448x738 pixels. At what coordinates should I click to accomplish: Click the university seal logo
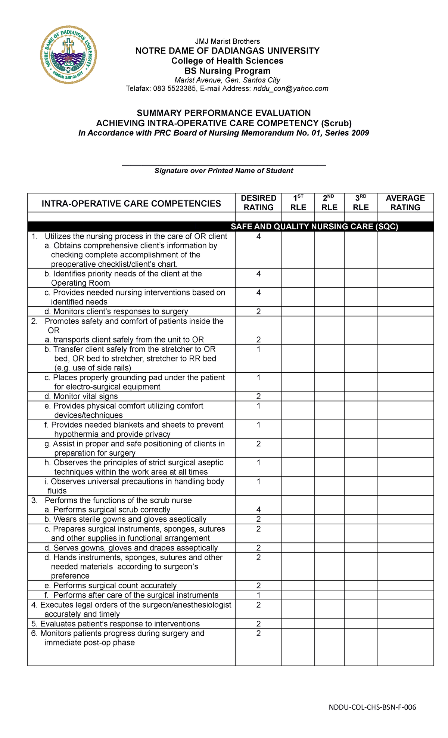(68, 55)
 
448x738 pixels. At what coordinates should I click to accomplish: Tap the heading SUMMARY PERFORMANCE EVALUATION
(224, 113)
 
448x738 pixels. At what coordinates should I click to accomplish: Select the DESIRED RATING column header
(258, 203)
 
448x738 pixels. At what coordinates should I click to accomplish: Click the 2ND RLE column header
(329, 203)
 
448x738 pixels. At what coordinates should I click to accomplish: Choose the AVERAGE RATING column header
(405, 203)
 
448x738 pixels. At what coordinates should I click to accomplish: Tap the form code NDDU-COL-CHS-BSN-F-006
(372, 707)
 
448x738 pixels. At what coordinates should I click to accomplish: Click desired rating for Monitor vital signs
(258, 396)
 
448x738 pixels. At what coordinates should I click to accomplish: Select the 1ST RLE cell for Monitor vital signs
(298, 396)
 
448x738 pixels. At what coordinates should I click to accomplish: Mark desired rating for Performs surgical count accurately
(258, 586)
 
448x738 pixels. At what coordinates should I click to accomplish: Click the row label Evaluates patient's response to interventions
(120, 624)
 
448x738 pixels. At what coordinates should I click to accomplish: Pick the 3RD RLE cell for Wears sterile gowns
(360, 519)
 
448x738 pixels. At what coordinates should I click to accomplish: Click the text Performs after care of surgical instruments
(136, 595)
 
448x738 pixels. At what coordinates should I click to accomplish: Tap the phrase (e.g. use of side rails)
(93, 368)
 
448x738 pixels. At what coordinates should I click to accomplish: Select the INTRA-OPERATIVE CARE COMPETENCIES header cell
(131, 204)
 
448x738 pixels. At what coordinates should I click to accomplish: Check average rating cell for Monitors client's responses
(405, 311)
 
